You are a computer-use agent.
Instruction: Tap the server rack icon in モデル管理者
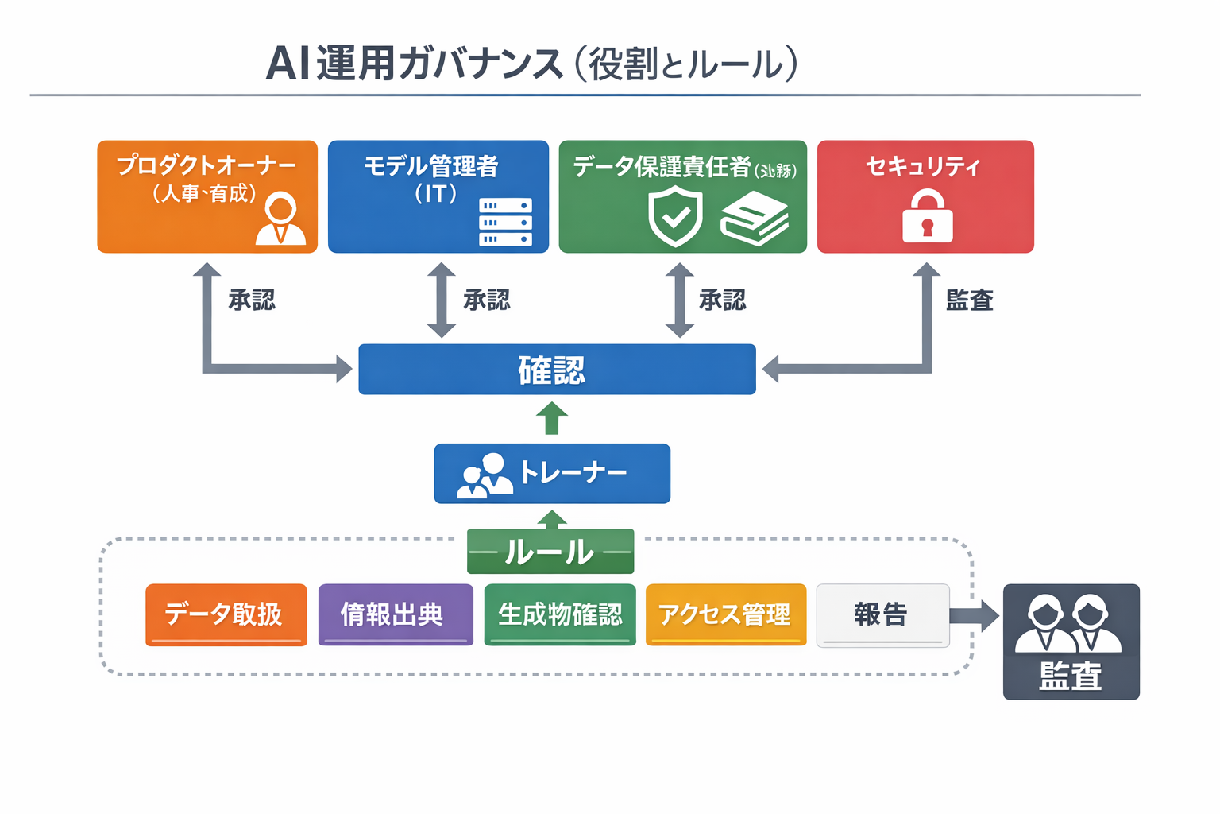(x=505, y=222)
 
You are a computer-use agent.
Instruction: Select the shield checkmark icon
(x=675, y=216)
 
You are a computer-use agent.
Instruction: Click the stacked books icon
(x=754, y=219)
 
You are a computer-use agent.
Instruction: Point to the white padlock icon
(x=927, y=216)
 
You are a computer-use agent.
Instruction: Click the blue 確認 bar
(x=556, y=370)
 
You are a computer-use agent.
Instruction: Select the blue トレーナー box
(x=552, y=473)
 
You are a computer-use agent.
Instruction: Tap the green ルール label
(x=550, y=552)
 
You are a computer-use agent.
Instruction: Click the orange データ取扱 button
(x=226, y=614)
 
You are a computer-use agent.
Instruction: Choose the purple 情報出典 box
(x=395, y=614)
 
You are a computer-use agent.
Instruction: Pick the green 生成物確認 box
(x=559, y=614)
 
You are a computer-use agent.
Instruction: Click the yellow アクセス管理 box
(x=725, y=614)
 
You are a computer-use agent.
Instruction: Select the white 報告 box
(x=882, y=615)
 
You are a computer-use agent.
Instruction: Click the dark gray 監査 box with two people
(x=1071, y=642)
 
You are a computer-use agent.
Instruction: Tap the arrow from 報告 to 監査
(x=975, y=616)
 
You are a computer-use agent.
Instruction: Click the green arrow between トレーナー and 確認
(x=552, y=418)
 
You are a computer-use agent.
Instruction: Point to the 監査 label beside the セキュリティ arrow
(x=969, y=300)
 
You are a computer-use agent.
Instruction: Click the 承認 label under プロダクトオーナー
(x=252, y=300)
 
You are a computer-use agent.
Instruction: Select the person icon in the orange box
(x=280, y=219)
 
